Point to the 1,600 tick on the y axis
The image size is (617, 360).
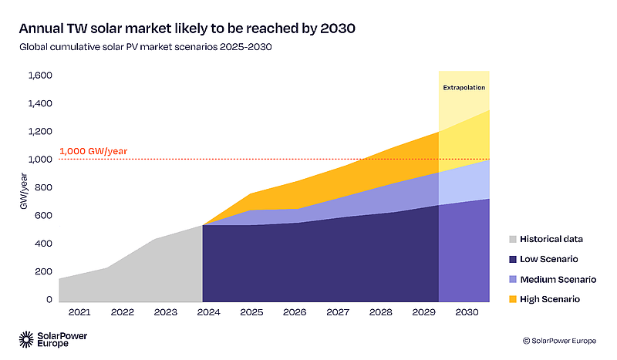pyautogui.click(x=40, y=76)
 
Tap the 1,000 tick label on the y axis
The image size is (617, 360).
pyautogui.click(x=40, y=160)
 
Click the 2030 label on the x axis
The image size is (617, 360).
pyautogui.click(x=464, y=313)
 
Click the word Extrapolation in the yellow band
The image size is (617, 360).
pyautogui.click(x=464, y=88)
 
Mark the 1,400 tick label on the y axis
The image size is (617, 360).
pyautogui.click(x=40, y=103)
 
